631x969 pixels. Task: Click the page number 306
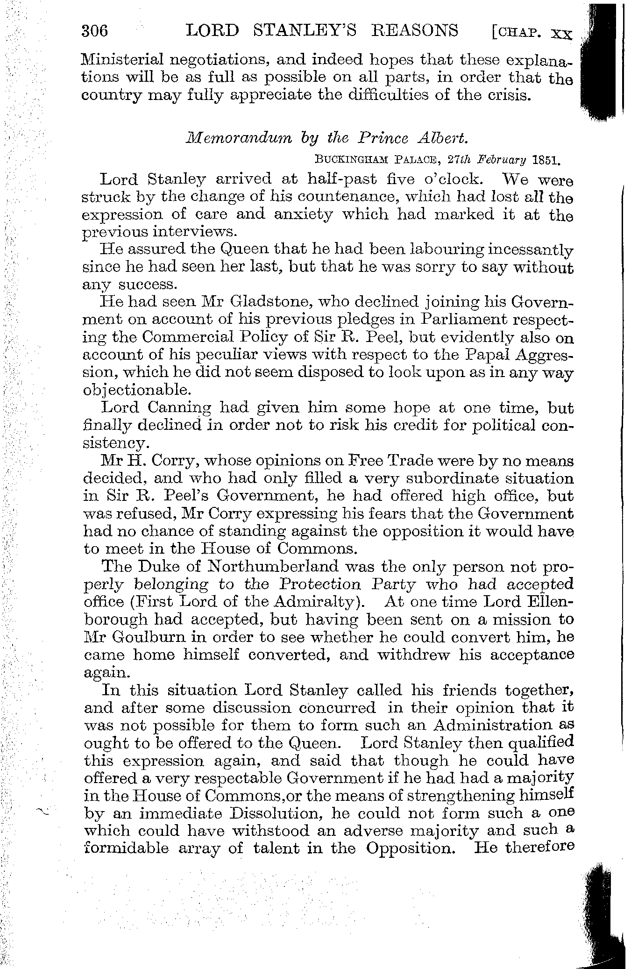95,31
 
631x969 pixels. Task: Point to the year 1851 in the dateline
546,161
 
